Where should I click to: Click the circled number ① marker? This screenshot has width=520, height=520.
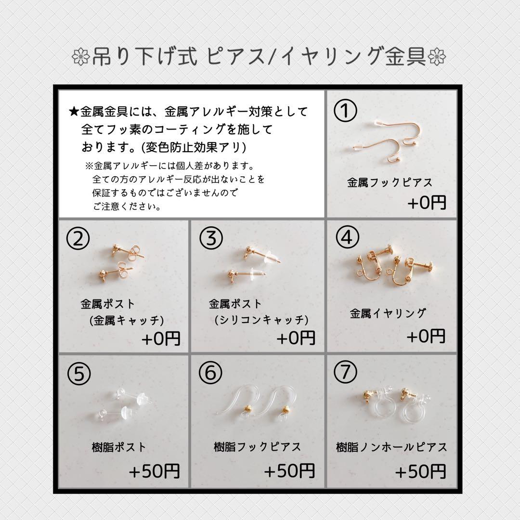coord(346,111)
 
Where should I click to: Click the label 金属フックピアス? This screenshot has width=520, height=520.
coord(390,182)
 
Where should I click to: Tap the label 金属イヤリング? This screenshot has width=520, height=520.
coord(388,313)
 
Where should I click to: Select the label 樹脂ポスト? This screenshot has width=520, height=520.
coord(118,447)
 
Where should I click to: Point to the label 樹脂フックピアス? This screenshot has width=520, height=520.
coord(258,447)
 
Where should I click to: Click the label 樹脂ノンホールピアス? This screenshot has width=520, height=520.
coord(391,447)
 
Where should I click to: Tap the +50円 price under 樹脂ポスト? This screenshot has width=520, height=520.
coord(154,471)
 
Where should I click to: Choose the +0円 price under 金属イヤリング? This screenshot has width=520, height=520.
coord(426,336)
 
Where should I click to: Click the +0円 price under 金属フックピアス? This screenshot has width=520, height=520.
coord(427,203)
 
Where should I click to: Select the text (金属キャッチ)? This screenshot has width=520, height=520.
coord(127,320)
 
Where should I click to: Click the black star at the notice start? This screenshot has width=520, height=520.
coord(74,112)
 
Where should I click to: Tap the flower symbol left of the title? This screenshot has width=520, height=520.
coord(78,57)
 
